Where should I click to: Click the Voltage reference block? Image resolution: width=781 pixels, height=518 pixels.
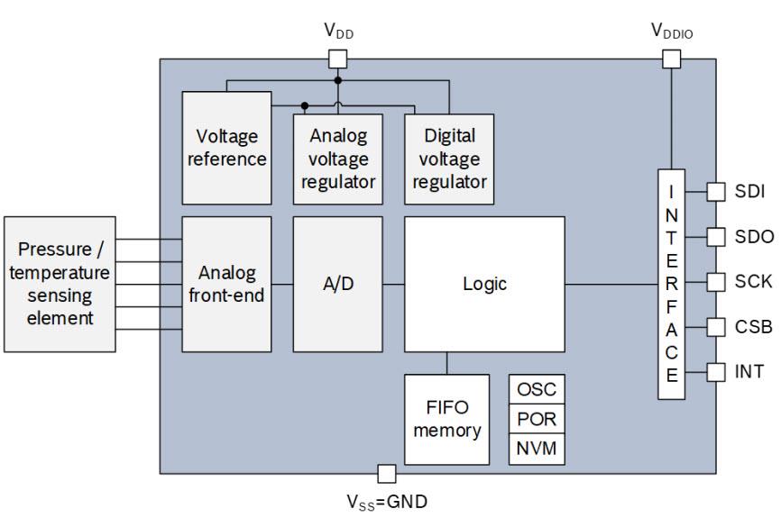point(226,148)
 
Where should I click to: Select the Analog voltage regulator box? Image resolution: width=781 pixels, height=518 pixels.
point(337,159)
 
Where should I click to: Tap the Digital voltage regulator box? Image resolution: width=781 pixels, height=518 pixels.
point(449,159)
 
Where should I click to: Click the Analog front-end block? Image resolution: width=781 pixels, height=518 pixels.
point(226,284)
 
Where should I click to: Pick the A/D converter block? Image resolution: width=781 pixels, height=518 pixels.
point(337,284)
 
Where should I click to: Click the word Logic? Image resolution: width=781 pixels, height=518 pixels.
point(484,284)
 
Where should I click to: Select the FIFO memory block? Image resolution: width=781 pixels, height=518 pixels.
point(446,420)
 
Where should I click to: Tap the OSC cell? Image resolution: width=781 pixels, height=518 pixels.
point(537,389)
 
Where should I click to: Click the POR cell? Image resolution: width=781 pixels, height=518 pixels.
point(537,419)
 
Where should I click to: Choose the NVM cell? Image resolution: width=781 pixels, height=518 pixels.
point(537,450)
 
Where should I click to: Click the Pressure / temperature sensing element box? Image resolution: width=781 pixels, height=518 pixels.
point(60,284)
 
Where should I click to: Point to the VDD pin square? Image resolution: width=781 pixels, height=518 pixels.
point(337,59)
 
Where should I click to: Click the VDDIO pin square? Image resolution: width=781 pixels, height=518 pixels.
point(671,59)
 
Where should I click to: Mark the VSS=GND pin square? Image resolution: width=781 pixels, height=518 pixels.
point(387,474)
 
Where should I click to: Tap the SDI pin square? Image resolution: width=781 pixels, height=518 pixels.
point(716,192)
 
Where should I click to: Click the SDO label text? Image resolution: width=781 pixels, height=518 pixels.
point(754,237)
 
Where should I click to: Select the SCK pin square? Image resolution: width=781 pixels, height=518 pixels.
point(716,282)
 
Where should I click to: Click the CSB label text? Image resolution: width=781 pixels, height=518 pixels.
point(754,327)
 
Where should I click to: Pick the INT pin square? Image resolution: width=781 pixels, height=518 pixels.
point(716,372)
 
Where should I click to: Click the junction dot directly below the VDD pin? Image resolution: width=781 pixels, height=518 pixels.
point(337,80)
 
